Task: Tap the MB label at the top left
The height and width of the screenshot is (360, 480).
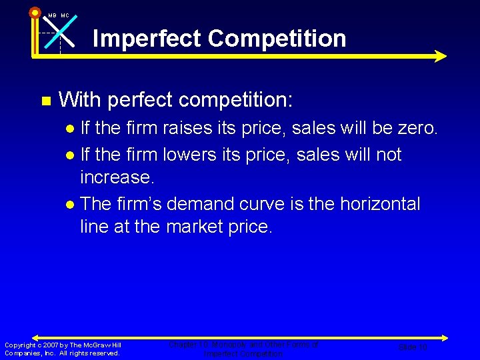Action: coord(52,15)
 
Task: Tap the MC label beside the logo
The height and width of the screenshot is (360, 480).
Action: coord(65,15)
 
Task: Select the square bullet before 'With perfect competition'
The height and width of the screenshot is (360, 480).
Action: coord(45,101)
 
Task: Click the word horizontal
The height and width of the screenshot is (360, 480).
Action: coord(380,203)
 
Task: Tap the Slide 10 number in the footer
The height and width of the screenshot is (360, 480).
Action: coord(412,347)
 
